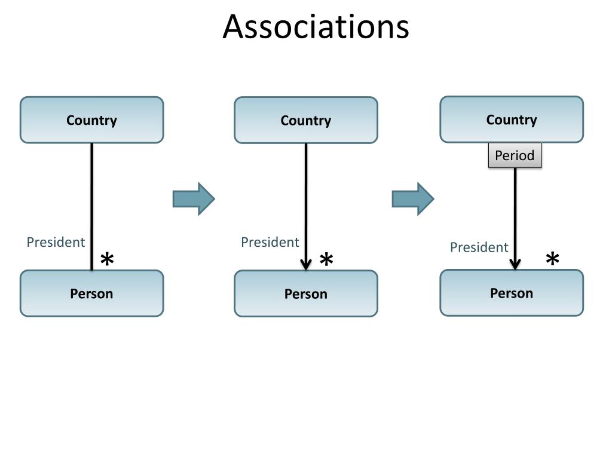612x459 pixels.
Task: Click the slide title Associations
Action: pos(316,27)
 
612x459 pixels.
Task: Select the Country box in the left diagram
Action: pos(91,120)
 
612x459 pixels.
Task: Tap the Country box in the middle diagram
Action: pos(305,121)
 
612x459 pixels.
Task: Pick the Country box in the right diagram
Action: pos(512,120)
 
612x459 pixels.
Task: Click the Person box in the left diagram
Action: pos(91,293)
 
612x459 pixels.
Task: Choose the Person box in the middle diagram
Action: pos(305,294)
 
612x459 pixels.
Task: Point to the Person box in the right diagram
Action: pos(512,293)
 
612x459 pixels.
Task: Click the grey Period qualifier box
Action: pos(515,155)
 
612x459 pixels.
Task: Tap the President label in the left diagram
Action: pos(56,242)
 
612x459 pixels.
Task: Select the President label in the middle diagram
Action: pos(270,242)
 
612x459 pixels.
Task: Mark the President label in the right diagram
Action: pos(479,247)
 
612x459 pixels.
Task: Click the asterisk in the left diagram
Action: pos(107,261)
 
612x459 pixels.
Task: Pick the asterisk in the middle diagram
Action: pos(326,261)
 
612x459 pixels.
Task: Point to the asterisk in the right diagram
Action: pos(553,260)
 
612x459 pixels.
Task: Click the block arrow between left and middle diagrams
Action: pos(194,198)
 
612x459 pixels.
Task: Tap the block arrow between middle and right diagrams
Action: pos(413,198)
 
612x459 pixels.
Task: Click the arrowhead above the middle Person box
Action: pos(305,264)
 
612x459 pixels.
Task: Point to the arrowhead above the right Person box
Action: pos(515,264)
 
